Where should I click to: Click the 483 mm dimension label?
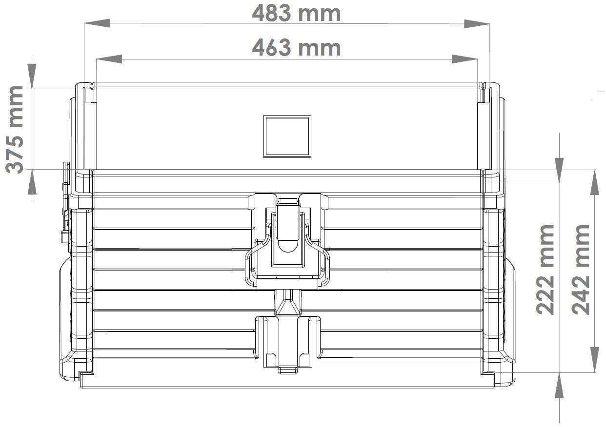pyautogui.click(x=296, y=14)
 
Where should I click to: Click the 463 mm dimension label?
pyautogui.click(x=296, y=48)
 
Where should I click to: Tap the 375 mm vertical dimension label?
pyautogui.click(x=15, y=130)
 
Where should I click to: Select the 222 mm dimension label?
pyautogui.click(x=545, y=270)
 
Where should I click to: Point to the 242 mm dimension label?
pyautogui.click(x=581, y=270)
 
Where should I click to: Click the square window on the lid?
pyautogui.click(x=287, y=136)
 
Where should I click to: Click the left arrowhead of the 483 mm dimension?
pyautogui.click(x=97, y=23)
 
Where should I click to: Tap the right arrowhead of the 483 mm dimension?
pyautogui.click(x=477, y=24)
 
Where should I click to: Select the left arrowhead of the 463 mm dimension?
pyautogui.click(x=109, y=59)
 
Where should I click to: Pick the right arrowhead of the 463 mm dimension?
pyautogui.click(x=465, y=59)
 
